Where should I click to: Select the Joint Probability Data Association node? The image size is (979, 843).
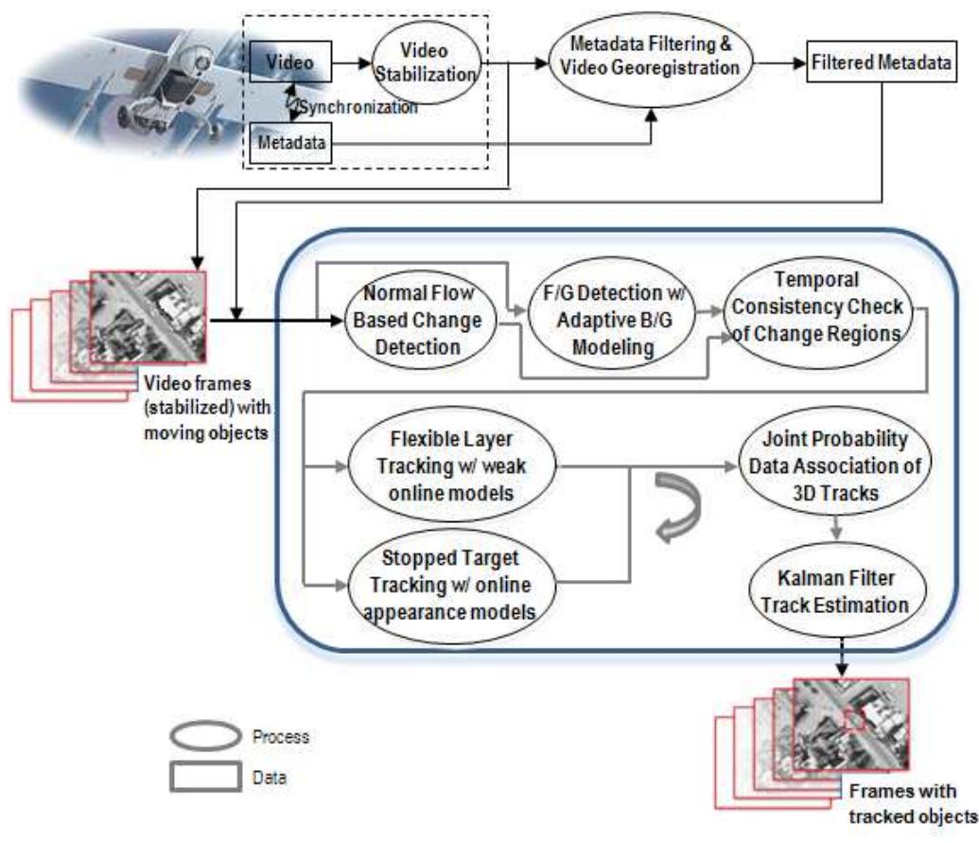click(832, 465)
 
